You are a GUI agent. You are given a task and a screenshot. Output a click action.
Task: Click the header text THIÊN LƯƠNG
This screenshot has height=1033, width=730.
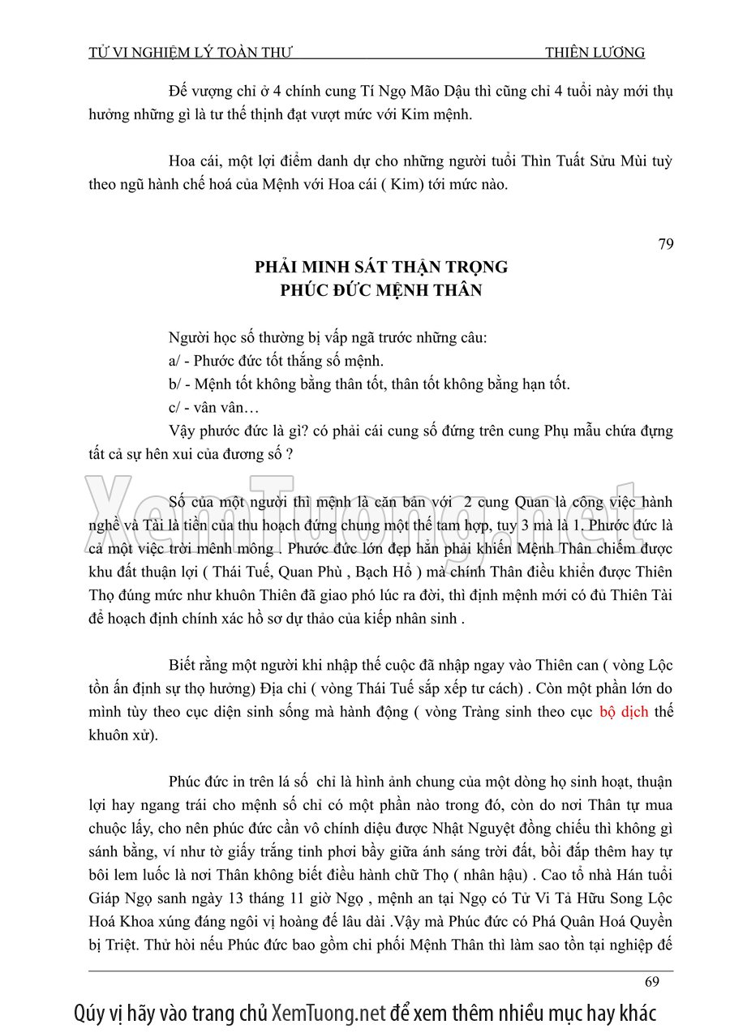[595, 53]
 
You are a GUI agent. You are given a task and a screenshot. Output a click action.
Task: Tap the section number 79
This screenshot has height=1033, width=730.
[665, 244]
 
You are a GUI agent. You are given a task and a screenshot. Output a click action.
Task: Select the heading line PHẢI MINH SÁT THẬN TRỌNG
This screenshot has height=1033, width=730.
[381, 267]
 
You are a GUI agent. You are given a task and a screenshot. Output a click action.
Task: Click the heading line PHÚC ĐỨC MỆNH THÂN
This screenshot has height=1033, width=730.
[381, 289]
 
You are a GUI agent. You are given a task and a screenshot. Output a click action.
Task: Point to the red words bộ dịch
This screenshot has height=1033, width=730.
[624, 713]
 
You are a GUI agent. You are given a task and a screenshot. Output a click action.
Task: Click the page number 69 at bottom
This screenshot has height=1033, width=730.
[652, 982]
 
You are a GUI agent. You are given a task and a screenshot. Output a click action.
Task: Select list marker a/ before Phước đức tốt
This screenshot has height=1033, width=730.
[174, 361]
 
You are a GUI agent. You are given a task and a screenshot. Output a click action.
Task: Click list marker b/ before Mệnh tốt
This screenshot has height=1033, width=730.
[174, 384]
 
